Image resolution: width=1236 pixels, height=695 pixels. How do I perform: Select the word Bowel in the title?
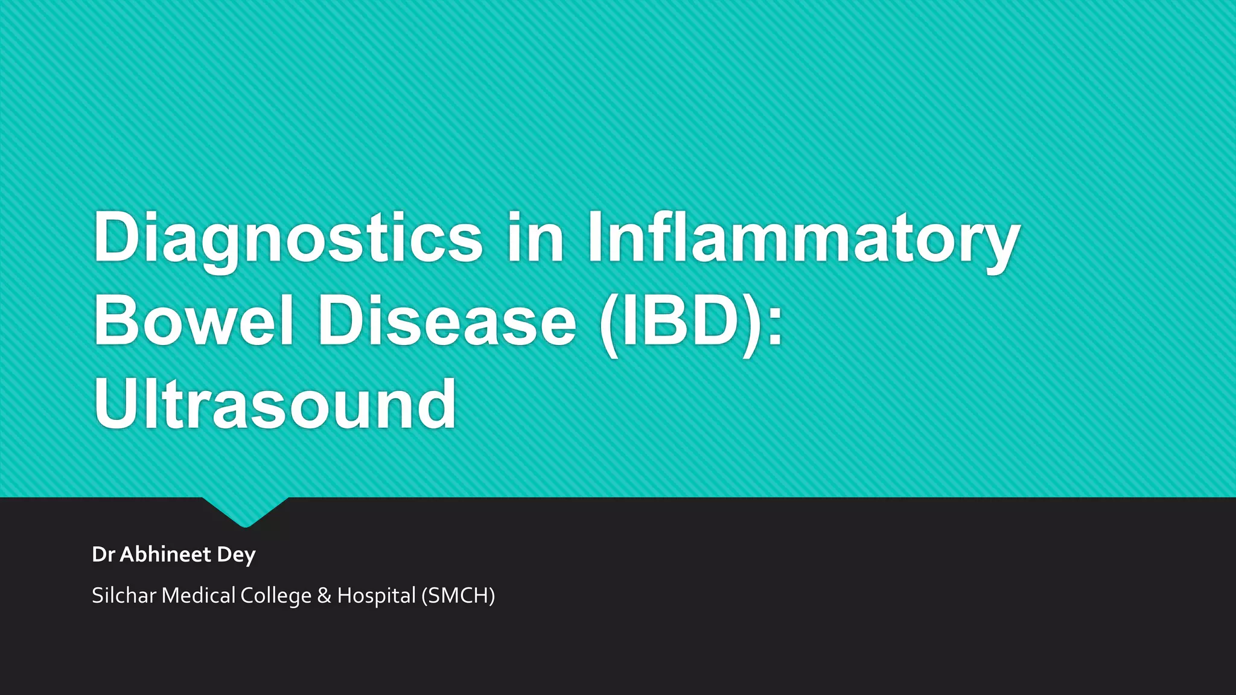(x=193, y=320)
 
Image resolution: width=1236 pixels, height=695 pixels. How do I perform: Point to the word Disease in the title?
(x=447, y=320)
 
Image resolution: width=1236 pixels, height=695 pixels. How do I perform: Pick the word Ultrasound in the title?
(x=275, y=404)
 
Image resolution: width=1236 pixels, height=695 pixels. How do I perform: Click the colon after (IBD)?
(x=776, y=326)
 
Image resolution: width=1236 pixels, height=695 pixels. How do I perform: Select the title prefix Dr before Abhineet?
(x=103, y=554)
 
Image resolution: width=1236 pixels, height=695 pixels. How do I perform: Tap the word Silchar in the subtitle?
(x=124, y=595)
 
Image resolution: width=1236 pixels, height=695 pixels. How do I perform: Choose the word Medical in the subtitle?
(x=199, y=595)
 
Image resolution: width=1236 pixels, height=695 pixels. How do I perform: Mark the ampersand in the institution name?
(x=324, y=596)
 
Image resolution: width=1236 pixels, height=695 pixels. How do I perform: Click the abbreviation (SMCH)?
(x=458, y=596)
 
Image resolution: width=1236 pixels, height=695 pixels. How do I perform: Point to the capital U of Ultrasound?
(x=116, y=404)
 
